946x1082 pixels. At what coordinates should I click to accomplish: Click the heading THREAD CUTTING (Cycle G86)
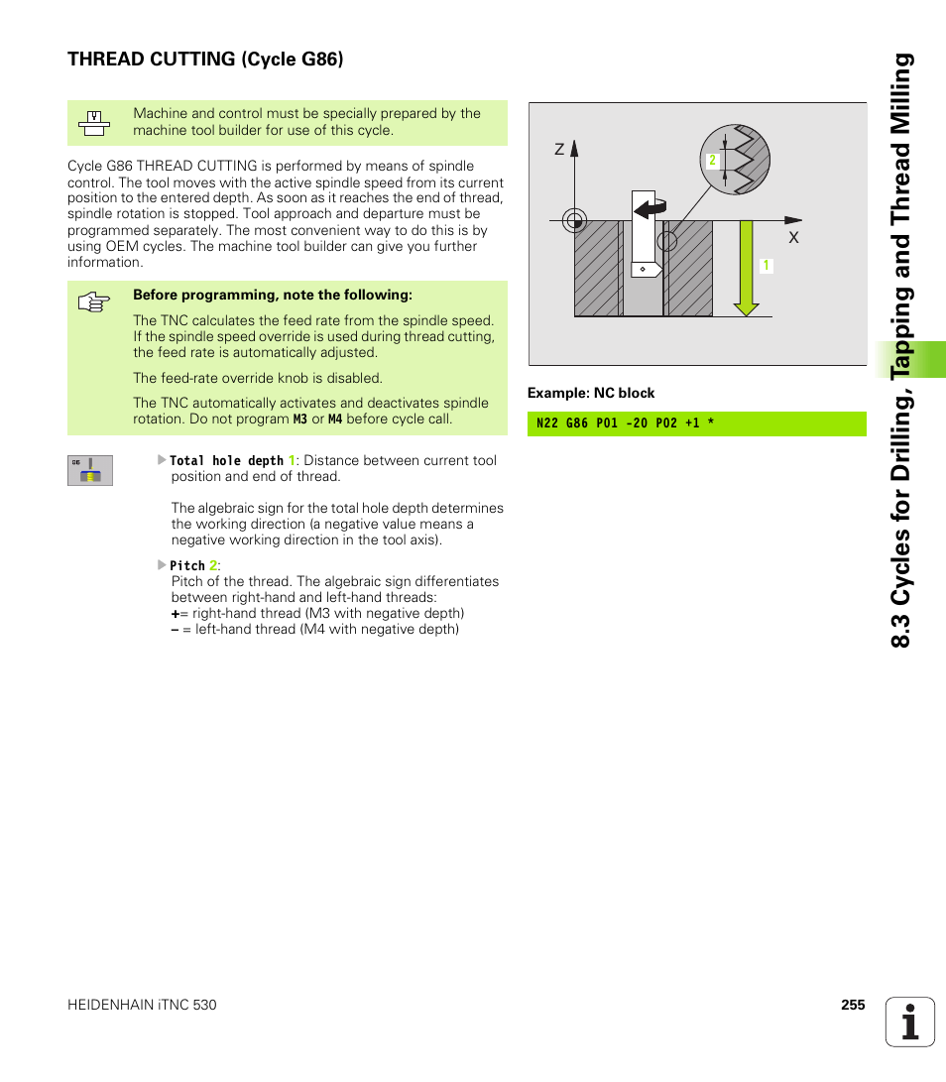point(205,60)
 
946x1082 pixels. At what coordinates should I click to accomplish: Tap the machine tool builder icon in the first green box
point(93,123)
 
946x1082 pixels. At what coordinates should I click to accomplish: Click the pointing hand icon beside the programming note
point(93,303)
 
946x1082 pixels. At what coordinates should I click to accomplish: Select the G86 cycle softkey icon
point(90,470)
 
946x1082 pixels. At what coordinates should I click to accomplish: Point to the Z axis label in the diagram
point(559,150)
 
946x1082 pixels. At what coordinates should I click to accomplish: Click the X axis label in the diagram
point(793,239)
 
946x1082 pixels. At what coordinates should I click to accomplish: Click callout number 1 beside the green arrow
point(766,266)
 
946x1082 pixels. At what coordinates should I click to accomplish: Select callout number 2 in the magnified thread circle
point(712,161)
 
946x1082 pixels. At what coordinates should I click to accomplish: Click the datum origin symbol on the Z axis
point(575,220)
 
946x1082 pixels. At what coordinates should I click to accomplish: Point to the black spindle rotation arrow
point(650,207)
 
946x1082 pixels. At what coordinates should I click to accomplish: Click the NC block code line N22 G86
point(626,424)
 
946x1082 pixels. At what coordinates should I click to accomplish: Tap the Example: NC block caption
point(591,393)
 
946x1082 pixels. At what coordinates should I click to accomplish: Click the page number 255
point(853,1005)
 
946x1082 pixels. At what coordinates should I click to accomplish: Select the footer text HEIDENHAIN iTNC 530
point(142,1005)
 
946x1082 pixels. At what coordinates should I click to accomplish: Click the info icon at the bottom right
point(910,1022)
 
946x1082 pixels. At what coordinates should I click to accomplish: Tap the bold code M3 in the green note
point(299,420)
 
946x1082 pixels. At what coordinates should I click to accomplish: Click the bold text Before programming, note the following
point(273,295)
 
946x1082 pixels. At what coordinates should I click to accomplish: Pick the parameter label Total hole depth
point(227,461)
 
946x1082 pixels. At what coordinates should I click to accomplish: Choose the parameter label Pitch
point(187,565)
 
